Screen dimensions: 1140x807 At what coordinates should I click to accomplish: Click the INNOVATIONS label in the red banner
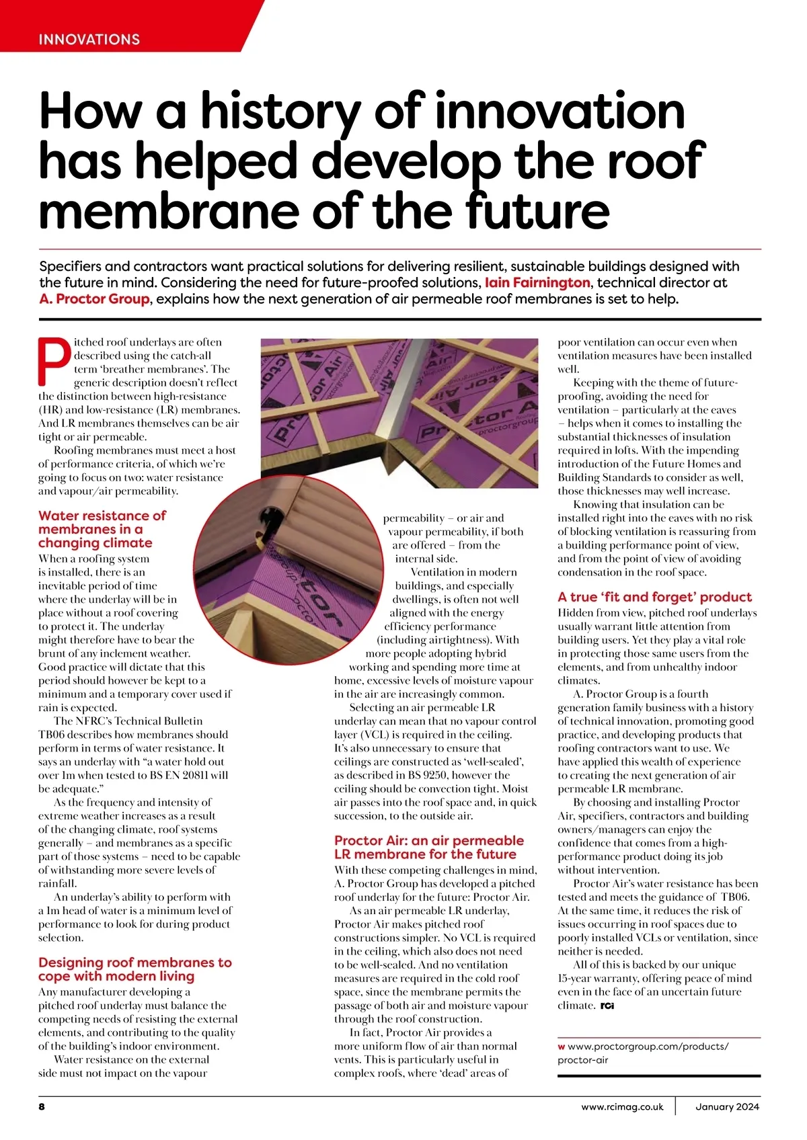pos(89,39)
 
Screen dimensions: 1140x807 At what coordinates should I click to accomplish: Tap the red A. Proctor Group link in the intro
pos(94,299)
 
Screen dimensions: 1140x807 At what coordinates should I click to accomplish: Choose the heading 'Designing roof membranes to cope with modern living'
pos(134,969)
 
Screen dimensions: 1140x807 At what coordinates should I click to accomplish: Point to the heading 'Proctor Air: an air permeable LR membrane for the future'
pos(428,847)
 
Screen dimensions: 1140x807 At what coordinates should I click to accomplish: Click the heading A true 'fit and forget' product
pos(654,597)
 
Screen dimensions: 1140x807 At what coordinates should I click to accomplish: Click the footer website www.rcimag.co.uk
pos(622,1106)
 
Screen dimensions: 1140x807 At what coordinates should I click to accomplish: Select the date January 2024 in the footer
pos(727,1106)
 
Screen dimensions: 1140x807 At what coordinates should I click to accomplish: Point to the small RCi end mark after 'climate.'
pos(607,1006)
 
